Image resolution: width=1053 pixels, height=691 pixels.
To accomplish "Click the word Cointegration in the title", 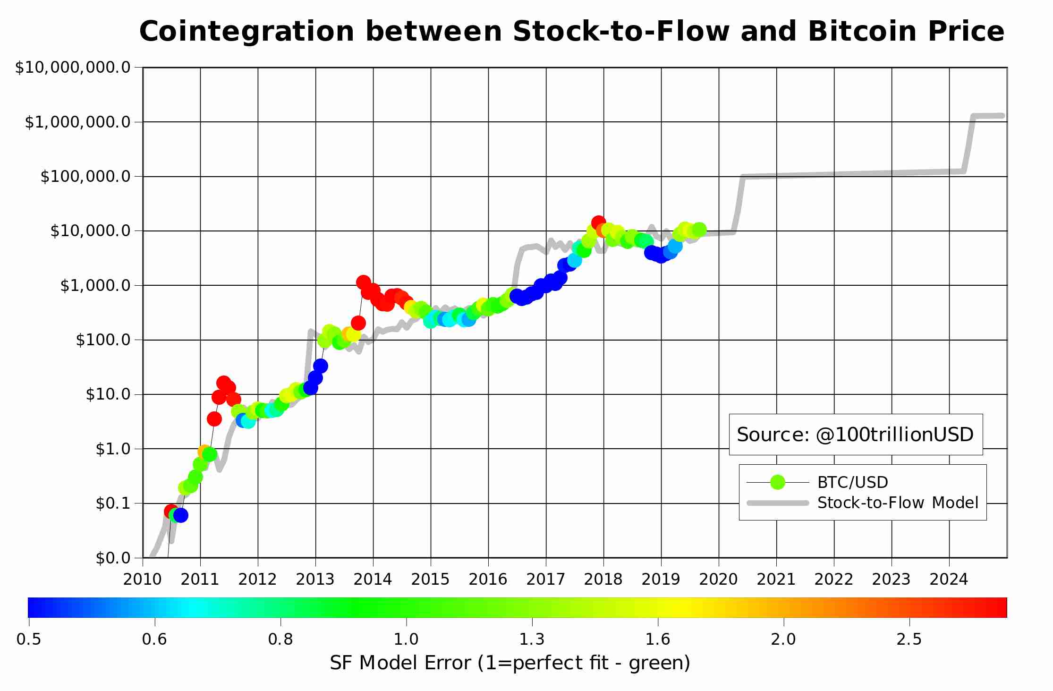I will point(246,32).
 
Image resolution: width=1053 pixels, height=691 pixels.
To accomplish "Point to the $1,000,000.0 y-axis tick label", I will point(77,122).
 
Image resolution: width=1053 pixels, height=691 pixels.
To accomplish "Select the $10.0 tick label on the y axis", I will point(108,394).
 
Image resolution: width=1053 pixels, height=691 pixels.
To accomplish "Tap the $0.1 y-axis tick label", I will point(113,503).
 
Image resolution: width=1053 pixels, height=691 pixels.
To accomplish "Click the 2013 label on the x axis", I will point(315,579).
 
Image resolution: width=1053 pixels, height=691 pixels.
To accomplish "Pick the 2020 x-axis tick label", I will point(718,579).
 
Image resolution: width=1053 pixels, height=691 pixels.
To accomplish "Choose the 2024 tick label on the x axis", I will point(949,579).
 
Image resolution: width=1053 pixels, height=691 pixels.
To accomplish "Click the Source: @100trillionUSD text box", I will point(855,435).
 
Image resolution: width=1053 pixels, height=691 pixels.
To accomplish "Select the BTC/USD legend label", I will point(852,482).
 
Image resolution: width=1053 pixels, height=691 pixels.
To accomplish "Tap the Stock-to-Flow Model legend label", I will point(898,503).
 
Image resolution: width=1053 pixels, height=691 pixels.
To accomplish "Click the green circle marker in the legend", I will point(777,482).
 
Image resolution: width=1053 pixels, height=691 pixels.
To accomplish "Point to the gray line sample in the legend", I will point(777,503).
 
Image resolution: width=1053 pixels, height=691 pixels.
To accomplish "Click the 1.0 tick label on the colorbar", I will point(406,639).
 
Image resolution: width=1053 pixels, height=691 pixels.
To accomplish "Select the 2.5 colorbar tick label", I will point(909,639).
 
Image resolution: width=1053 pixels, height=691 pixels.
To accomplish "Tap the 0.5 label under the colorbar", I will point(29,639).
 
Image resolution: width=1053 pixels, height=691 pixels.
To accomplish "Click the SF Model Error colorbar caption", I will point(510,663).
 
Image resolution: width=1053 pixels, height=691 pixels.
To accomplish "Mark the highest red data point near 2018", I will point(598,222).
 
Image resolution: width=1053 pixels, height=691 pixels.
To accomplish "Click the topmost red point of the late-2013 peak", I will point(363,282).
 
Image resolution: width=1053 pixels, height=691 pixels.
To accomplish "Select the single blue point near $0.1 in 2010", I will point(180,515).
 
